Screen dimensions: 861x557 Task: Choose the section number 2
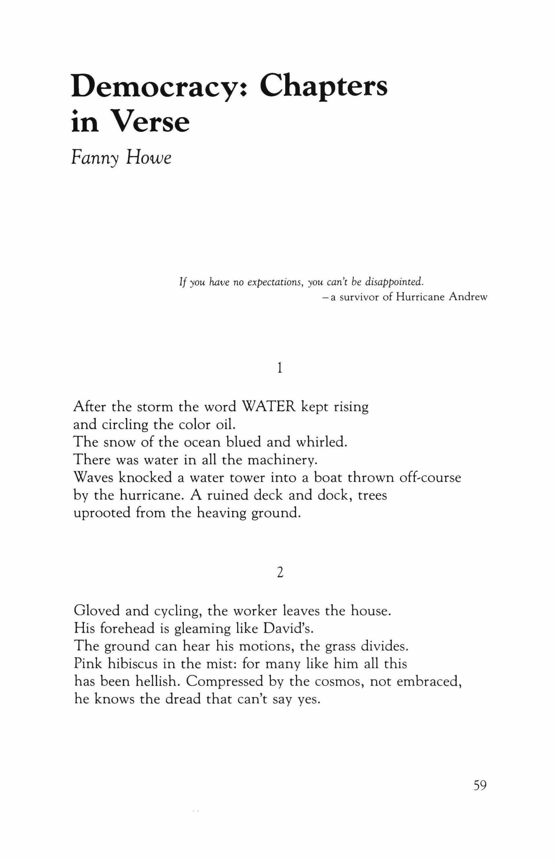coord(279,573)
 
